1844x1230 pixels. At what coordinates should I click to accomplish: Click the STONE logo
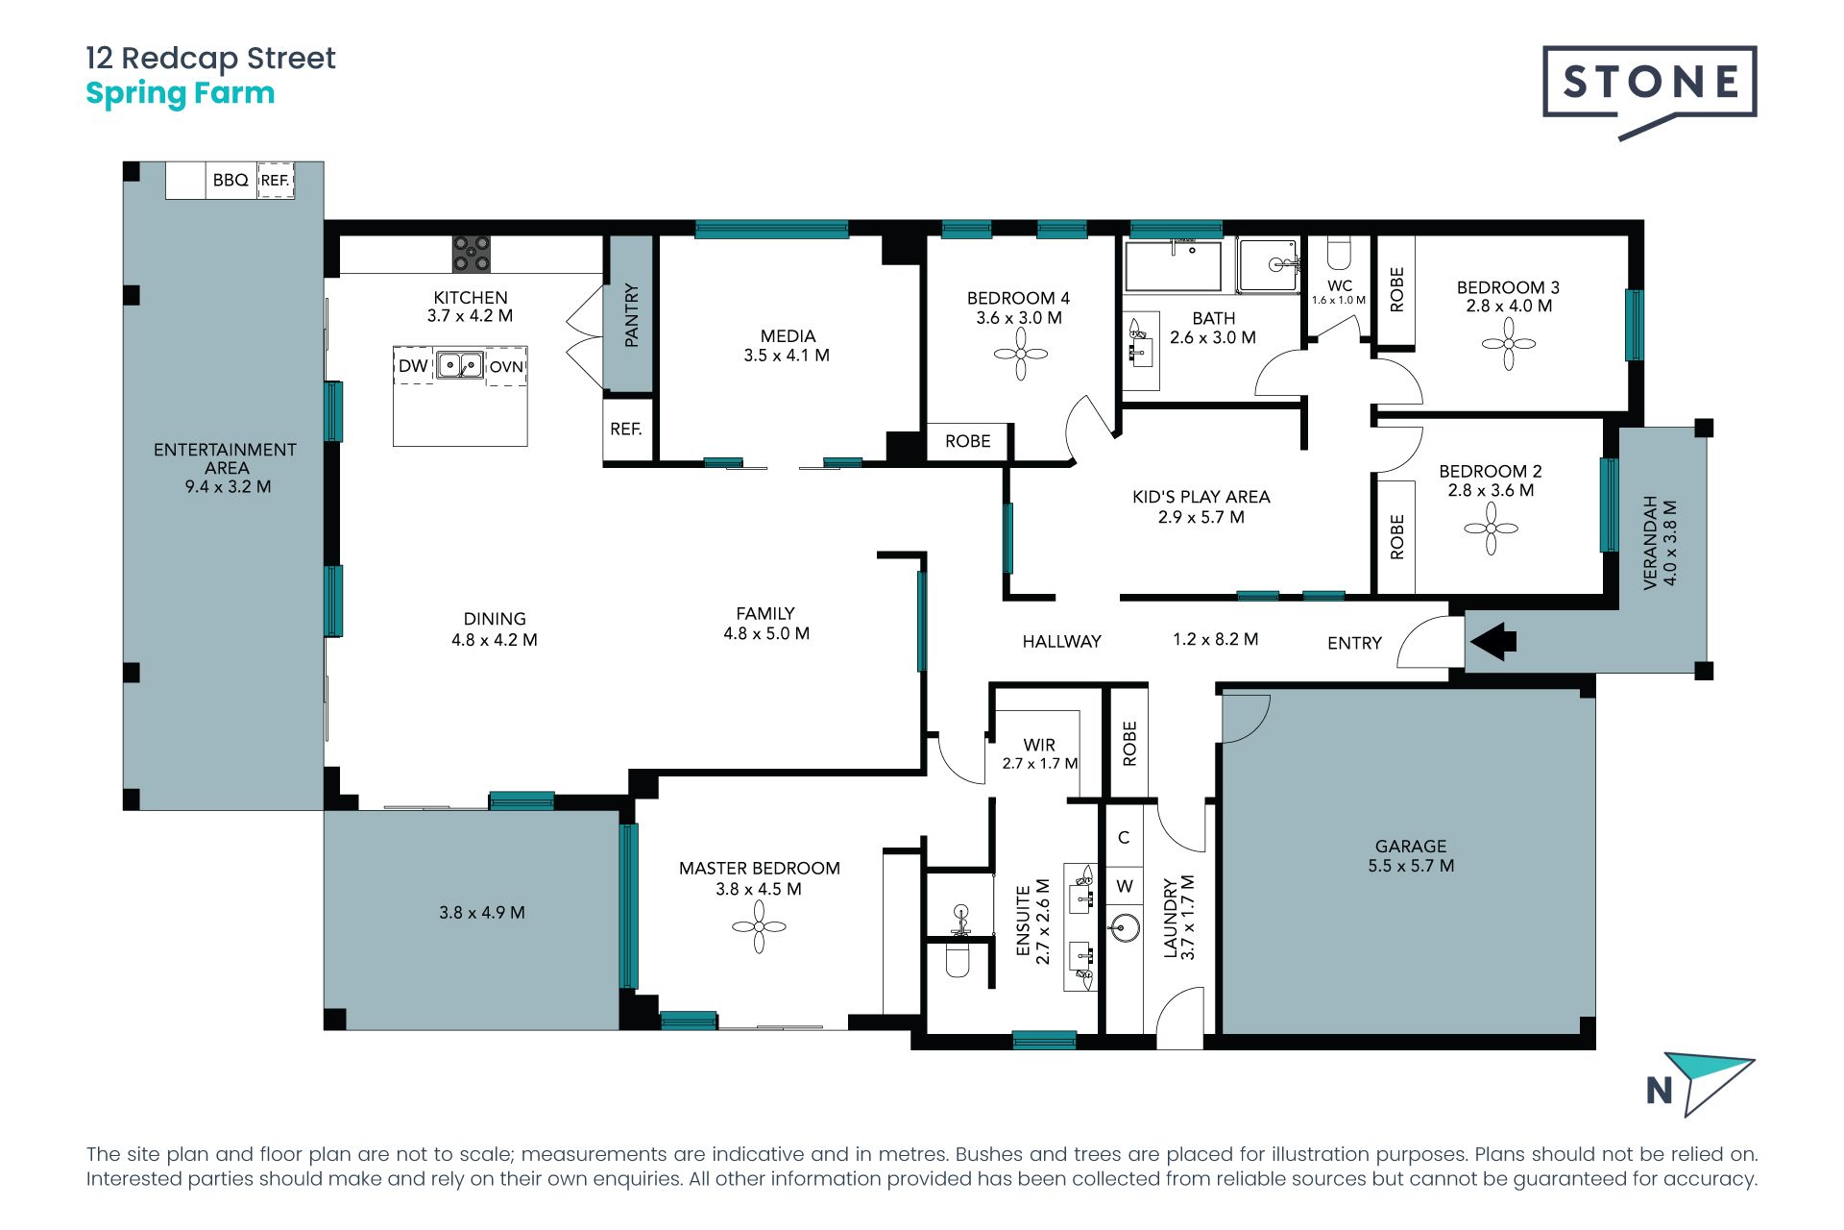(1649, 92)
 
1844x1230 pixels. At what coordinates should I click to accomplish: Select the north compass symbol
(1700, 1085)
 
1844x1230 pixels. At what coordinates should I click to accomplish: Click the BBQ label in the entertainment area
(230, 180)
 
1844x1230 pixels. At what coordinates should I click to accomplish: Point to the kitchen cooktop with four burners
(472, 254)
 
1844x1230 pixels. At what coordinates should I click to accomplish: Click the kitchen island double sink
(460, 365)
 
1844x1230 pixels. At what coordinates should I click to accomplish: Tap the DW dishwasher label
(413, 365)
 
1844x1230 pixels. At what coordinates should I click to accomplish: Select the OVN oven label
(506, 366)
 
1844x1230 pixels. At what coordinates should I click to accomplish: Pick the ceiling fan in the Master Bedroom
(759, 926)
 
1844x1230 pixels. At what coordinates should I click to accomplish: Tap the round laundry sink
(1125, 928)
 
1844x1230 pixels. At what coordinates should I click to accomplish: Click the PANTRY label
(631, 315)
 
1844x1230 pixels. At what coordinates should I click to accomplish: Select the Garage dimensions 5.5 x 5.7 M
(1411, 866)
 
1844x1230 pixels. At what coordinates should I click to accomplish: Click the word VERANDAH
(1651, 542)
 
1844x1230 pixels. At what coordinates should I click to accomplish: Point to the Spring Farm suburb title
(181, 94)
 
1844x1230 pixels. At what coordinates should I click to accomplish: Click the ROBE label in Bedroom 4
(967, 441)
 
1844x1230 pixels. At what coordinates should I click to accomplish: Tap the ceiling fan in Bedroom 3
(1509, 343)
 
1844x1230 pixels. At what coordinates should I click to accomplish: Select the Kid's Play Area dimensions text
(1201, 517)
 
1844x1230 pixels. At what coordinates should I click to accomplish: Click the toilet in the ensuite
(958, 958)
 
